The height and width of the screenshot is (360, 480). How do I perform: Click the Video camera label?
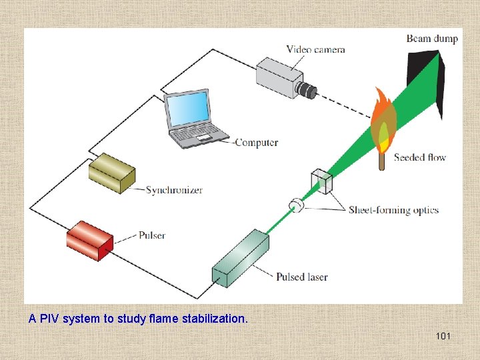click(315, 49)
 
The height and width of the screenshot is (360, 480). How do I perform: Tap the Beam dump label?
click(432, 38)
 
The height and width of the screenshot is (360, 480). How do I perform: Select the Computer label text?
click(257, 142)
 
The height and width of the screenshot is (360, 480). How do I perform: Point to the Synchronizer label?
click(174, 189)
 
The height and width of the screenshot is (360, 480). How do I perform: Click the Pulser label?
click(152, 235)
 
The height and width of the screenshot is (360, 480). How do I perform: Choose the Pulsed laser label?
click(302, 277)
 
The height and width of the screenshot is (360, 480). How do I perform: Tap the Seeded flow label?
click(420, 157)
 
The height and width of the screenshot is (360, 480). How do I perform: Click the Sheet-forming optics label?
click(393, 210)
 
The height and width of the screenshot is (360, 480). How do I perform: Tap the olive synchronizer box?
click(111, 172)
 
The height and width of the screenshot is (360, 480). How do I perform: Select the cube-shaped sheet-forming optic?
click(321, 181)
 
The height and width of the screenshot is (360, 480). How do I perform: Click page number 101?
click(443, 336)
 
